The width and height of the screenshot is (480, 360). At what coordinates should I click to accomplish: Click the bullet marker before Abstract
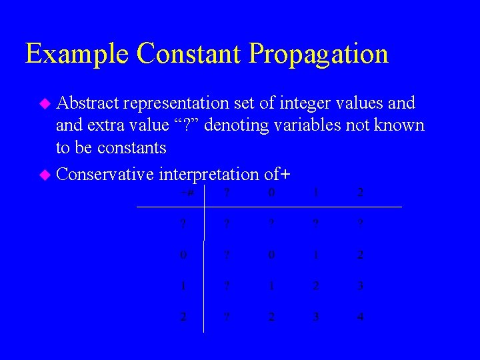click(45, 103)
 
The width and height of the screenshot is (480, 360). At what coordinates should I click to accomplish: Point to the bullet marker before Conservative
click(45, 175)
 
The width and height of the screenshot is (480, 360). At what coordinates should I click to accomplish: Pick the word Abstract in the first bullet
click(87, 103)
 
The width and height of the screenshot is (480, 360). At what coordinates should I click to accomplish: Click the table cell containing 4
click(360, 317)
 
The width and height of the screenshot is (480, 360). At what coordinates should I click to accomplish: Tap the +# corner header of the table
click(186, 193)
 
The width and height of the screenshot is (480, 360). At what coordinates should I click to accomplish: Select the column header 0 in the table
click(271, 193)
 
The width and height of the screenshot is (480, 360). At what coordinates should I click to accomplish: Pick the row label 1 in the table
click(183, 286)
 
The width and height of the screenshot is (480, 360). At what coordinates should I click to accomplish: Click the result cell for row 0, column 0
click(271, 255)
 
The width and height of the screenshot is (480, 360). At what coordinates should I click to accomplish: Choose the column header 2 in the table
click(360, 193)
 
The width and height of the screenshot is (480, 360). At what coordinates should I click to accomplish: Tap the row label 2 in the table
click(183, 317)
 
